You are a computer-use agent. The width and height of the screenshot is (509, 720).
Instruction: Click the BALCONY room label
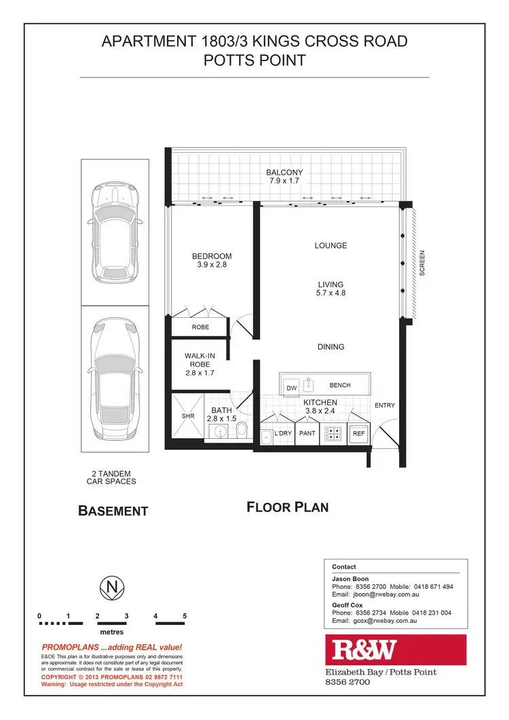click(284, 173)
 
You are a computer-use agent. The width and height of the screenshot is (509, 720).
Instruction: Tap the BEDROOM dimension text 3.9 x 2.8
click(212, 266)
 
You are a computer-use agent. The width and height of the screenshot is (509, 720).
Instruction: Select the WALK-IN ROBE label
click(200, 360)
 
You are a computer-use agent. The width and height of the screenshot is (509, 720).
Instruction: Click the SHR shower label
click(188, 416)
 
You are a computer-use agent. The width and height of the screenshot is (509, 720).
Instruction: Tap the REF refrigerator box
click(358, 433)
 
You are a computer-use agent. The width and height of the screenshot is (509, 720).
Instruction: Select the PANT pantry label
click(307, 433)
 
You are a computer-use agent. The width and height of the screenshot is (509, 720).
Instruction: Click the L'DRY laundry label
click(282, 433)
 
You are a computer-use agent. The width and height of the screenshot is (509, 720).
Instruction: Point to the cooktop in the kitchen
click(333, 433)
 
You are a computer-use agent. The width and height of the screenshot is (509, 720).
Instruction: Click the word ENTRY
click(384, 406)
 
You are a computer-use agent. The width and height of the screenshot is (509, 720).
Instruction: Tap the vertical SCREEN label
click(422, 263)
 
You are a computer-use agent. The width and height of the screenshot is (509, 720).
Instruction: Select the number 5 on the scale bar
click(185, 617)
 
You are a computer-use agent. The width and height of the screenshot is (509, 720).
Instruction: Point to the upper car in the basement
click(115, 232)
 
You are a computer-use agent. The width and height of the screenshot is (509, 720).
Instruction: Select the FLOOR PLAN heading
click(287, 507)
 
